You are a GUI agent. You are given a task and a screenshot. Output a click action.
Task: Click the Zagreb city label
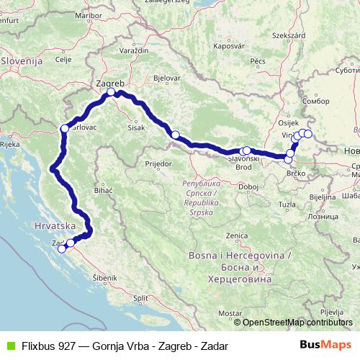click(x=109, y=83)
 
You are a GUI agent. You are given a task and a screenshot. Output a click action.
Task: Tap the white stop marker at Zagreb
click(x=111, y=92)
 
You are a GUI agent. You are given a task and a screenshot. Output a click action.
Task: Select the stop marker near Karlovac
click(x=65, y=129)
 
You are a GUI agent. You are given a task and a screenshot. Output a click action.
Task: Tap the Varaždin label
click(x=135, y=51)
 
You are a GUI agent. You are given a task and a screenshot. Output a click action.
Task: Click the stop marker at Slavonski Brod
click(x=246, y=150)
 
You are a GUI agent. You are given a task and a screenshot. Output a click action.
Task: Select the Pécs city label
click(x=255, y=63)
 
